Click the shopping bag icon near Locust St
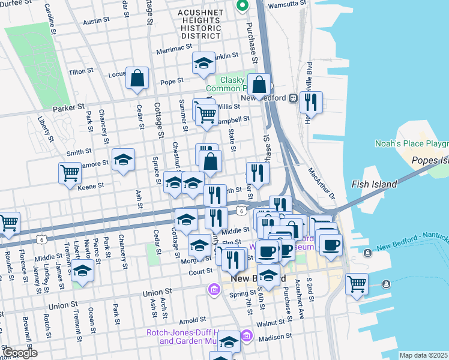tap(137, 78)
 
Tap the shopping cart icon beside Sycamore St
tap(70, 173)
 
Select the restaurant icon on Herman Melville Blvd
tap(311, 103)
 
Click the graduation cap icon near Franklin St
tap(203, 63)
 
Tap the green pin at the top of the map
tap(243, 7)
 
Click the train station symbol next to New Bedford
tap(294, 98)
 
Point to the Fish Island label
tap(374, 184)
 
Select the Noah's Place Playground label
tap(412, 143)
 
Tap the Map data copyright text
tap(424, 355)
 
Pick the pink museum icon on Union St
tap(214, 291)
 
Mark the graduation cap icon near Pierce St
tap(82, 271)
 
